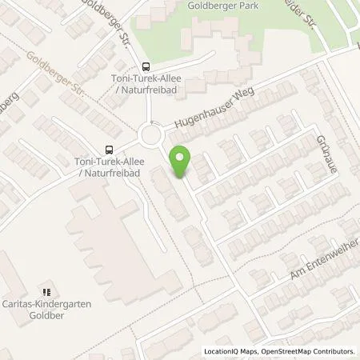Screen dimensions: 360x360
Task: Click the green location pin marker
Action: click(x=182, y=162)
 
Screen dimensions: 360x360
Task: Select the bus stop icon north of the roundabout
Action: click(x=146, y=67)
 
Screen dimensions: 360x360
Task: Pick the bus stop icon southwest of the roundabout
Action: click(x=108, y=148)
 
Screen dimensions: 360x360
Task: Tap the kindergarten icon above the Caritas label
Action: click(x=46, y=291)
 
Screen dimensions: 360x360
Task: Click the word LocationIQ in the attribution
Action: click(x=221, y=351)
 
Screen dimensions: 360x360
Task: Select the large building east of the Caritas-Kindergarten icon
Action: click(x=125, y=248)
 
